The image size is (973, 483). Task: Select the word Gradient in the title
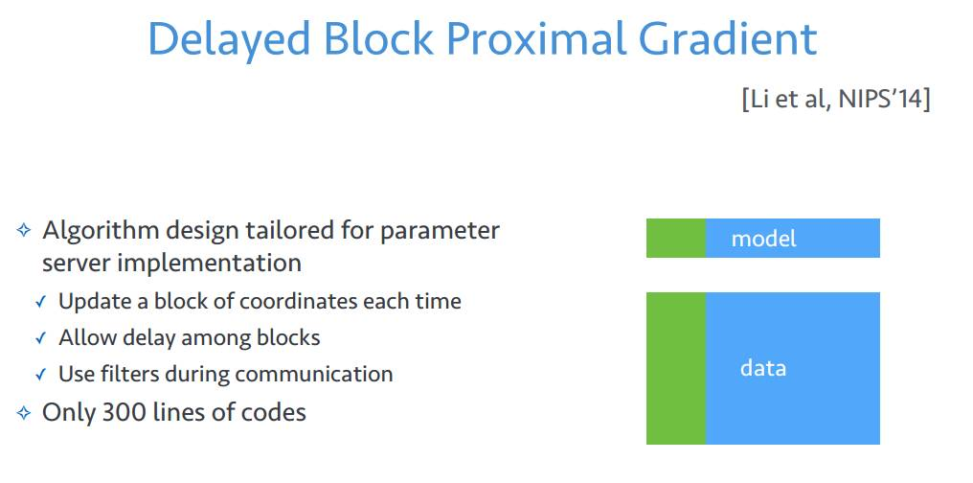coord(727,38)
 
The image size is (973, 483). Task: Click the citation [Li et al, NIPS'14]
coord(835,100)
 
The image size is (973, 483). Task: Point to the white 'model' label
coord(763,239)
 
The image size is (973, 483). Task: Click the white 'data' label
coord(762,368)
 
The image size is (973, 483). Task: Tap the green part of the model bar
coord(676,238)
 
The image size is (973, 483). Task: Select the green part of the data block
coord(676,368)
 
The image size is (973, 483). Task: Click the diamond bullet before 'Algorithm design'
coord(24,231)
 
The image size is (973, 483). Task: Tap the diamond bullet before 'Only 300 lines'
coord(24,413)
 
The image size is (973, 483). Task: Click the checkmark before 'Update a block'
coord(41,302)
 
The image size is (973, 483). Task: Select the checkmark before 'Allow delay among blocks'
coord(41,338)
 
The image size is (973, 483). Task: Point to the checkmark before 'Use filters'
coord(41,375)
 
